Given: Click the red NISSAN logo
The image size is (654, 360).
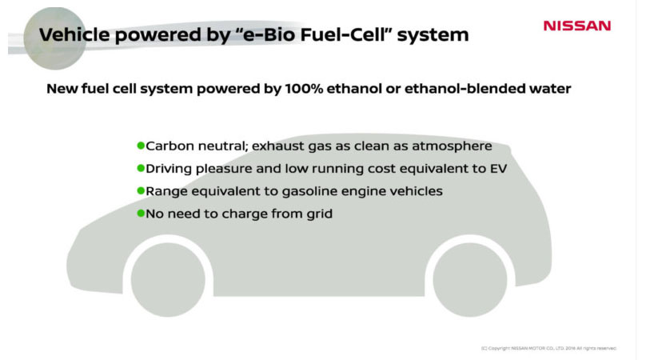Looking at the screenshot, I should (576, 26).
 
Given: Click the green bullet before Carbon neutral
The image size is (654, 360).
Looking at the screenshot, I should (141, 146).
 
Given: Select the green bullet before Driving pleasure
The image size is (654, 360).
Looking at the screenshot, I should (141, 169).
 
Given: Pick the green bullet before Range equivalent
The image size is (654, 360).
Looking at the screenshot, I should (141, 191).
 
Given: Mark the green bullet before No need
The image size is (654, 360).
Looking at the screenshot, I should (141, 214).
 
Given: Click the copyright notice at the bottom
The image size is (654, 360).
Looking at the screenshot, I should (548, 348).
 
